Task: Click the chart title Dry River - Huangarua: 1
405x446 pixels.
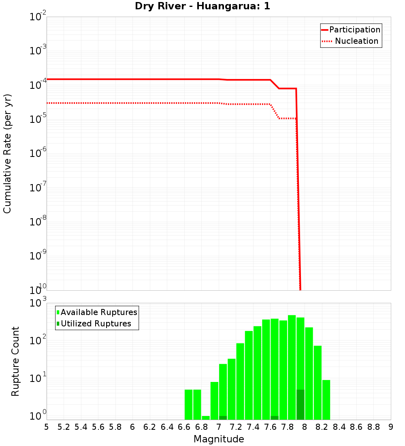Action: click(202, 6)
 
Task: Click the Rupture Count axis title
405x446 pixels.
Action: click(15, 361)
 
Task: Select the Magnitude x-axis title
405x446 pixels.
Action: click(219, 439)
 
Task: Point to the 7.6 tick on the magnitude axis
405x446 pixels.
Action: click(271, 427)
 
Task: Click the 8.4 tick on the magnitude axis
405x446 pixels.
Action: click(339, 427)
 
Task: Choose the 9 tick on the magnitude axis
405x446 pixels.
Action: click(391, 427)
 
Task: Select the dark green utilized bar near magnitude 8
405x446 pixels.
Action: click(300, 405)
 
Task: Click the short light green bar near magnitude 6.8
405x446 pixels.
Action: click(206, 418)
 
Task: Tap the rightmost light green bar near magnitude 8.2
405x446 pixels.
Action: click(326, 399)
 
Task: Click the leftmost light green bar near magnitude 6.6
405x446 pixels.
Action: click(188, 404)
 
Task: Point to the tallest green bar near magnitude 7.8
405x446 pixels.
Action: click(292, 367)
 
